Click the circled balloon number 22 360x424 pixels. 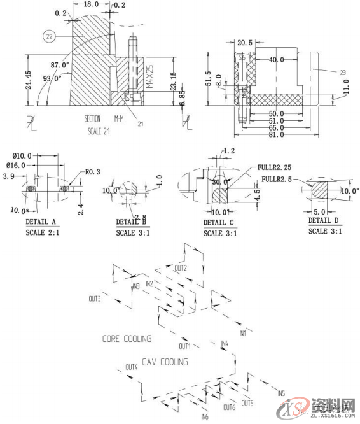(x=50, y=36)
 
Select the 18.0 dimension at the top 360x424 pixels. (x=92, y=4)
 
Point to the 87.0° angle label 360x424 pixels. (x=60, y=66)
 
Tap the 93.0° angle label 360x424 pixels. (x=52, y=78)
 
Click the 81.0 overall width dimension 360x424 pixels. (x=275, y=135)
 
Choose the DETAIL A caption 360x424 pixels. (x=41, y=222)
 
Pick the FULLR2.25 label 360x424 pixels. (x=274, y=167)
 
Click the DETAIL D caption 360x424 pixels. (x=324, y=220)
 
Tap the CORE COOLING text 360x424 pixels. (x=127, y=339)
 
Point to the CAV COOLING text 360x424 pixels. (x=165, y=362)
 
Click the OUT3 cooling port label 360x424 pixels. (x=95, y=298)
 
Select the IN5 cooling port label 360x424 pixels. (x=282, y=393)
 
